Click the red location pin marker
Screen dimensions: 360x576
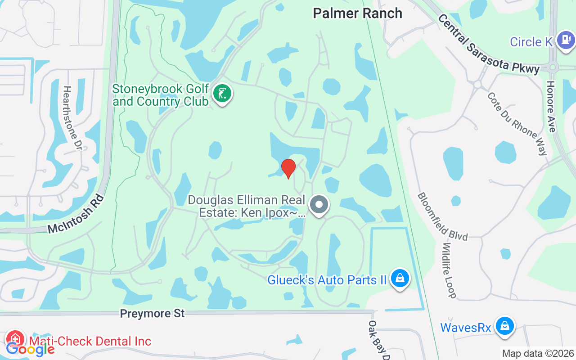[288, 168]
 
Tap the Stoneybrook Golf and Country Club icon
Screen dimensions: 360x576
[222, 94]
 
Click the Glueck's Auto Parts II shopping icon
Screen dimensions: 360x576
[399, 279]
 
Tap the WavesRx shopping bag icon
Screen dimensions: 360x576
[505, 326]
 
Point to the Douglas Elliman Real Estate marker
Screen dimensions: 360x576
[319, 205]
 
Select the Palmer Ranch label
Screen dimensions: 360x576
[357, 13]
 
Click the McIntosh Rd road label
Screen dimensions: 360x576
[76, 215]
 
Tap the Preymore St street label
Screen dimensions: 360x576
[152, 314]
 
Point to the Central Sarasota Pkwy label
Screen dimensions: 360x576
[488, 44]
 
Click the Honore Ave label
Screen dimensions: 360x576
[551, 107]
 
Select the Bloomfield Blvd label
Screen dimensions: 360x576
[442, 216]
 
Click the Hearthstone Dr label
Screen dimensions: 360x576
[73, 118]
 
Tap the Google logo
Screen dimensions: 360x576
[31, 349]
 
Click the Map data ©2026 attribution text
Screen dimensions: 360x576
[538, 354]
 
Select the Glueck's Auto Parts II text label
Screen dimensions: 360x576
[327, 280]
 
